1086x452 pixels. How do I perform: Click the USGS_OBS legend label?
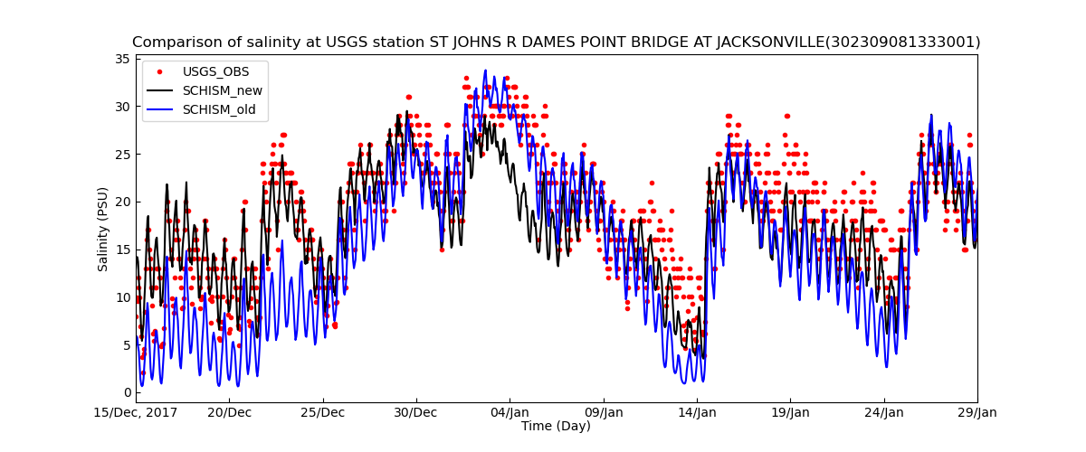pos(215,71)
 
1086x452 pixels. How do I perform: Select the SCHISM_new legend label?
pos(223,90)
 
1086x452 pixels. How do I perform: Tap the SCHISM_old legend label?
pos(219,110)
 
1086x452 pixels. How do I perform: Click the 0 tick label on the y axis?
pos(128,392)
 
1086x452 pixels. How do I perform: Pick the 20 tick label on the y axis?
pos(124,202)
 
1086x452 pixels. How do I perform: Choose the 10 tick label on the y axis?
pos(124,297)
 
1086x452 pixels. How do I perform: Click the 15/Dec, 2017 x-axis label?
pos(136,413)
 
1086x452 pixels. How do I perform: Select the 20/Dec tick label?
pos(229,413)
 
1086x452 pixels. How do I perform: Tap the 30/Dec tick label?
pos(416,413)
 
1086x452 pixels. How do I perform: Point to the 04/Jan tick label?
pos(510,413)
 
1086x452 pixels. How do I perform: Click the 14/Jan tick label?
pos(697,413)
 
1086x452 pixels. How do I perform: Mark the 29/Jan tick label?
pos(976,413)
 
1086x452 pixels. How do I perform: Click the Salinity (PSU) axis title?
pos(103,229)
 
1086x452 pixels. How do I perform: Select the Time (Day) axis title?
pos(556,426)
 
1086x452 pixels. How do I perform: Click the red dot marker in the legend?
pos(160,71)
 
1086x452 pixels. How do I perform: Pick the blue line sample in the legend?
pos(160,110)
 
